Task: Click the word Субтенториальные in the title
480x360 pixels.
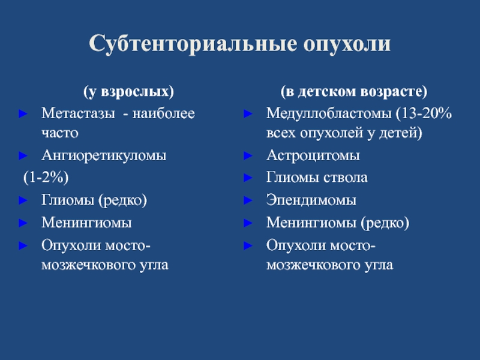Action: coord(193,43)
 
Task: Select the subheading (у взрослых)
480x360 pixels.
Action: coord(128,92)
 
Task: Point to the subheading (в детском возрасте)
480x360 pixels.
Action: coord(354,92)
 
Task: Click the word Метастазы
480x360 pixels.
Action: coord(78,113)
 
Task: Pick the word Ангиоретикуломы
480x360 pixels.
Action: coord(104,155)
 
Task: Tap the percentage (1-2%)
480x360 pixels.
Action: coord(46,178)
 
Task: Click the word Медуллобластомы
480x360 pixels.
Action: coord(329,114)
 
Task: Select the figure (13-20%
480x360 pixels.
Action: coord(424,113)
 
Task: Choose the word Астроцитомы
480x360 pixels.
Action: coord(313,156)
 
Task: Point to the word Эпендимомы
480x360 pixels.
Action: coord(311,200)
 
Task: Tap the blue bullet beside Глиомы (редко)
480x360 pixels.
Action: coord(23,200)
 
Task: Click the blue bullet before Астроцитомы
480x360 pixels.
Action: coord(248,155)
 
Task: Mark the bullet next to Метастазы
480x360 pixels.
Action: coord(23,113)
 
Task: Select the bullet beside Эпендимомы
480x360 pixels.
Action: coord(248,200)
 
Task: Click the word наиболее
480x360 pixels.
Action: coord(163,113)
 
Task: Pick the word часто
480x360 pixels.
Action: coord(60,133)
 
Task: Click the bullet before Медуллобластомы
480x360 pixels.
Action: coord(248,113)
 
